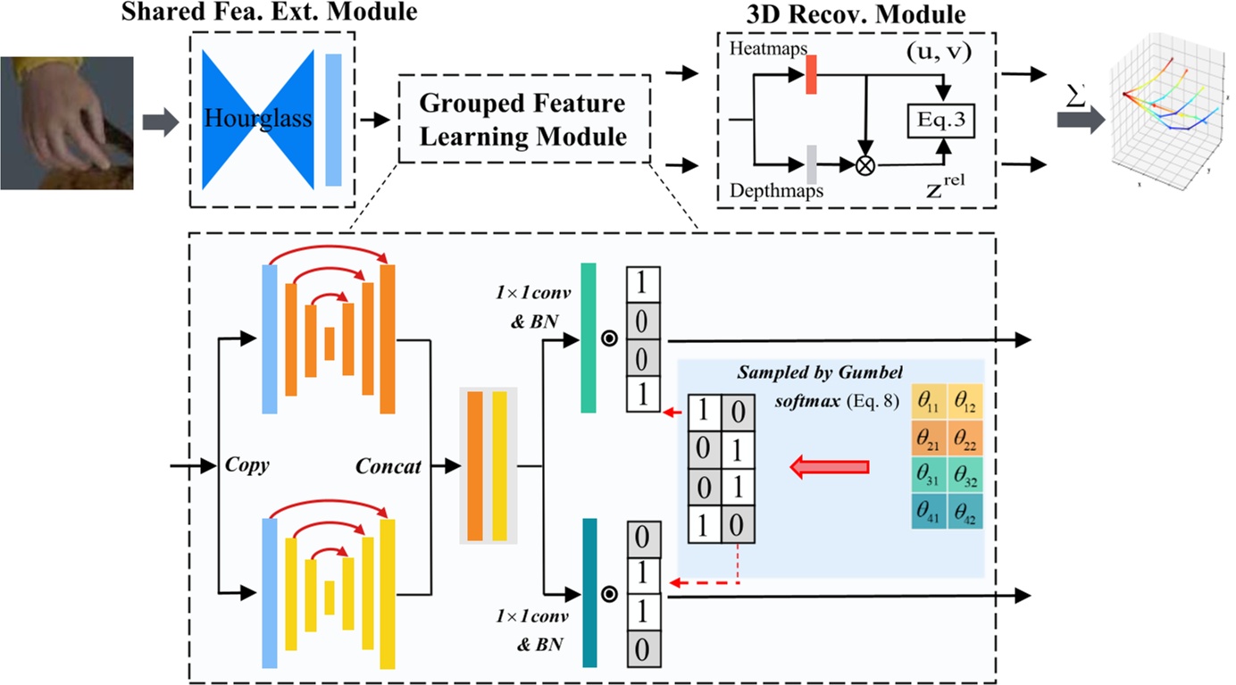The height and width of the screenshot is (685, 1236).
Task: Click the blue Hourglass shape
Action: [x=258, y=119]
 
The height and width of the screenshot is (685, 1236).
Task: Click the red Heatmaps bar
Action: [x=811, y=74]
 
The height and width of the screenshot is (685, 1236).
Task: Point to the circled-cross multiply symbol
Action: [x=864, y=165]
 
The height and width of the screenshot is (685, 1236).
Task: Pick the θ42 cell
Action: [x=965, y=512]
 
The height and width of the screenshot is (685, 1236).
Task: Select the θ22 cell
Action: [x=965, y=439]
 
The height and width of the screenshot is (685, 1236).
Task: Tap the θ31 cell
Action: [x=929, y=475]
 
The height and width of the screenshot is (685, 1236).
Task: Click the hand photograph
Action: [x=66, y=122]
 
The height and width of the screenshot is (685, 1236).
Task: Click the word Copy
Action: [x=247, y=466]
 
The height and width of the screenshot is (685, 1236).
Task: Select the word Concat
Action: [x=388, y=466]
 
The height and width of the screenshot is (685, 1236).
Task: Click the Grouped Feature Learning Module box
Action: [x=523, y=119]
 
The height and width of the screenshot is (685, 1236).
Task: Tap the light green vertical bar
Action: [x=588, y=338]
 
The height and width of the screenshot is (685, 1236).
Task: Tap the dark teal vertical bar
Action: [x=589, y=593]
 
